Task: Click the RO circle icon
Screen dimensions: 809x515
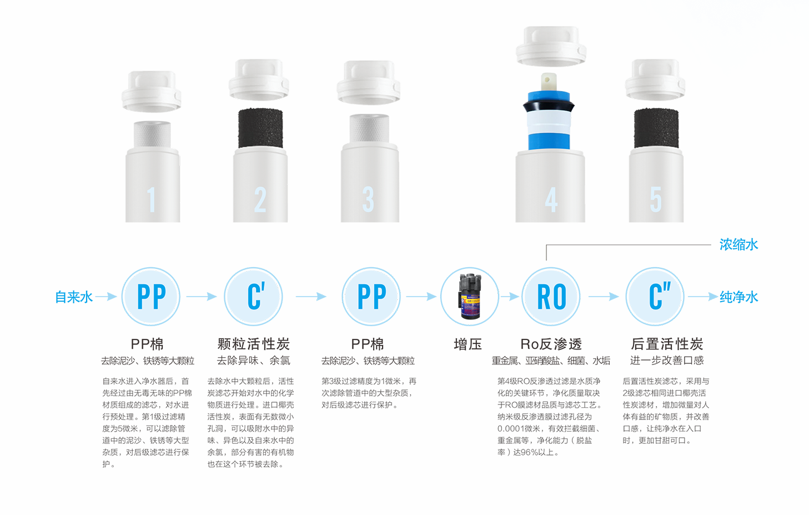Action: click(x=551, y=297)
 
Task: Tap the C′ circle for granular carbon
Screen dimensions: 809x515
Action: click(x=254, y=297)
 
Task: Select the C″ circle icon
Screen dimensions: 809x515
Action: click(x=655, y=297)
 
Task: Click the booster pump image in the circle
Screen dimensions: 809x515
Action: click(x=470, y=296)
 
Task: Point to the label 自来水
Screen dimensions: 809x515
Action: click(x=74, y=297)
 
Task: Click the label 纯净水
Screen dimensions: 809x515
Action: click(x=739, y=297)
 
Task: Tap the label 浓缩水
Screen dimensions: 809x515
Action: click(x=739, y=244)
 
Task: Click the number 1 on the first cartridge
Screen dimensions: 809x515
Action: click(x=152, y=199)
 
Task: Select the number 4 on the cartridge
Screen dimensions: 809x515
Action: click(x=551, y=199)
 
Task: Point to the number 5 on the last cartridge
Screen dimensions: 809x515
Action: click(x=656, y=199)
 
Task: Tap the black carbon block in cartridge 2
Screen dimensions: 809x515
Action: click(x=260, y=128)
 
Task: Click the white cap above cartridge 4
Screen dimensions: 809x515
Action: click(x=551, y=46)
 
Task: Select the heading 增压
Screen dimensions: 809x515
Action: click(x=468, y=344)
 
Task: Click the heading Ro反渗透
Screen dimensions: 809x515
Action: click(x=551, y=344)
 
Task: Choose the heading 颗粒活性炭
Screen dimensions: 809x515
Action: click(x=254, y=344)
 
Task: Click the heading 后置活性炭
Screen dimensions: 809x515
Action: click(x=667, y=344)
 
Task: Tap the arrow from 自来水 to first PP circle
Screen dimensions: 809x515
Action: click(x=106, y=297)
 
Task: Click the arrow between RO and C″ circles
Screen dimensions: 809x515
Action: click(x=604, y=297)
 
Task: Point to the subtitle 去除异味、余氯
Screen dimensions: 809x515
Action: click(x=254, y=361)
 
